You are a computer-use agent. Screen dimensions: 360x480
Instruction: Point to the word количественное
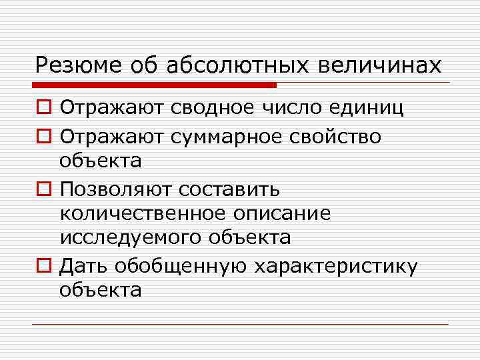tap(143, 213)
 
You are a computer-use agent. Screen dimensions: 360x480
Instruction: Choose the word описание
tap(282, 214)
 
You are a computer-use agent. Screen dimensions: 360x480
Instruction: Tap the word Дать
tap(83, 266)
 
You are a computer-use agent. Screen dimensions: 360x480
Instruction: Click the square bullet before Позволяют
tap(44, 190)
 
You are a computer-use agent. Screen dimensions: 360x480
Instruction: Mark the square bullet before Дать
tap(44, 267)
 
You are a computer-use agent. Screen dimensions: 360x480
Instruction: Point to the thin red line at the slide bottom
tap(240, 324)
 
